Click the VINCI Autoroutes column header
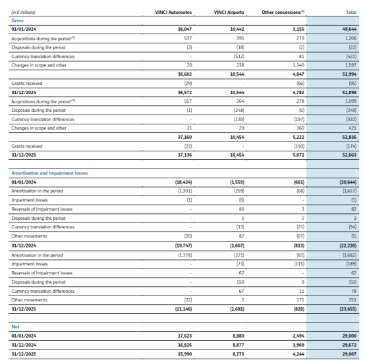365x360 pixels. coord(173,13)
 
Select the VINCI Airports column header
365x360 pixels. coord(229,13)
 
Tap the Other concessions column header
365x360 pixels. coord(283,12)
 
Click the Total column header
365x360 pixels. coord(351,13)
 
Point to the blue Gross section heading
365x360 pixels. coord(17,20)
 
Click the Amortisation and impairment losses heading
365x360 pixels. coord(49,173)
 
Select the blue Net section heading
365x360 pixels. coord(15,326)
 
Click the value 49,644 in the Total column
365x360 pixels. coord(349,30)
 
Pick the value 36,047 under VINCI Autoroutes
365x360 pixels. coord(184,30)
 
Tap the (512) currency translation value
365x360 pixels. coord(239,57)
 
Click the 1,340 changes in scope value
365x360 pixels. coord(298,65)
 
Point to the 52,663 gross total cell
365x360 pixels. coord(349,155)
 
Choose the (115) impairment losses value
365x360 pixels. coord(299,264)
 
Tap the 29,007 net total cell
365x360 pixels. coord(349,354)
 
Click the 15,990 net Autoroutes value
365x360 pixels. coord(184,354)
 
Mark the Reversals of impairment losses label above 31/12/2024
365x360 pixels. coord(42,209)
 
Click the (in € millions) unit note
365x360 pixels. coord(23,13)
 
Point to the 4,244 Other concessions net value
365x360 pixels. coord(298,354)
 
